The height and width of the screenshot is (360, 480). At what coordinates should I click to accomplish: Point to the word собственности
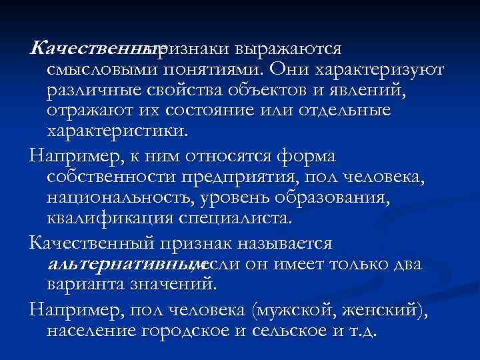pyautogui.click(x=111, y=177)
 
